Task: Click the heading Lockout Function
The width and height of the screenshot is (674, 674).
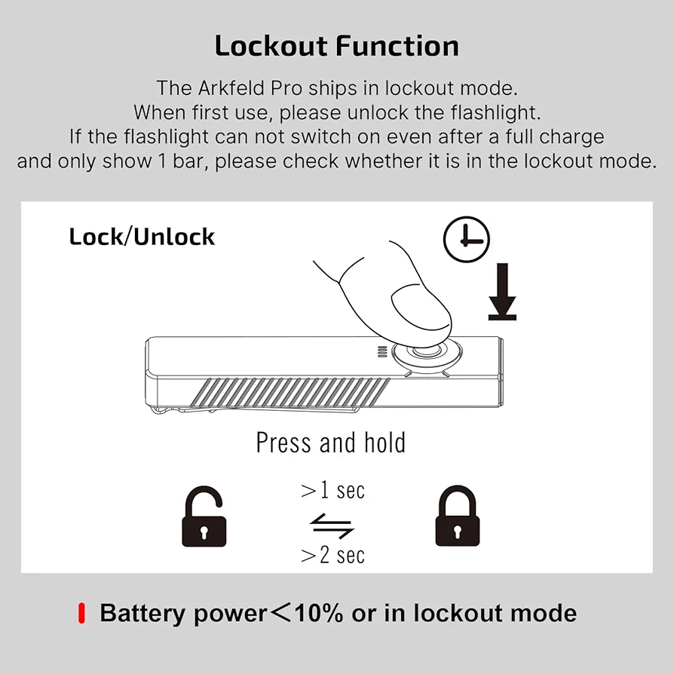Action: click(x=337, y=46)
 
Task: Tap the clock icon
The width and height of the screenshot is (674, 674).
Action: click(x=466, y=240)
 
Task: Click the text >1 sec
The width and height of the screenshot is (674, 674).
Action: click(x=332, y=491)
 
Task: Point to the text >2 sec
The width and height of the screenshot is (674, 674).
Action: click(x=332, y=556)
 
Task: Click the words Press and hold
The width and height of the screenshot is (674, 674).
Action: click(x=331, y=443)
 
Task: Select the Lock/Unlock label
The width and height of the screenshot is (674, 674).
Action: click(x=142, y=237)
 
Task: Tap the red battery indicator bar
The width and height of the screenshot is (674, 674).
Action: click(x=81, y=613)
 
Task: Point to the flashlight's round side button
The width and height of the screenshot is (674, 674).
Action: click(x=428, y=354)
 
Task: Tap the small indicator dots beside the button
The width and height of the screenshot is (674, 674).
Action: click(x=381, y=352)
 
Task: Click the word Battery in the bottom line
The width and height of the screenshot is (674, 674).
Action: click(x=142, y=613)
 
